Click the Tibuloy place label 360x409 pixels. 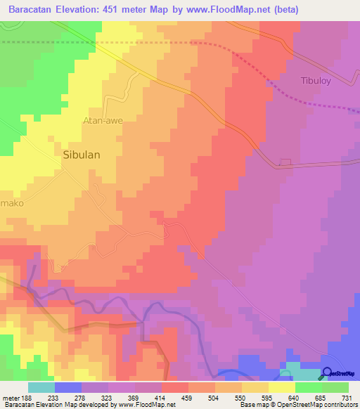click(314, 80)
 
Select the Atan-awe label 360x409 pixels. click(103, 120)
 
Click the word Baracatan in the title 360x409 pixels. click(34, 10)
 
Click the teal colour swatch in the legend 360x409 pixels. click(41, 387)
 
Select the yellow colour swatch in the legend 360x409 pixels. click(281, 387)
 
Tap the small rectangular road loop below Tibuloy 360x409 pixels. click(284, 162)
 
